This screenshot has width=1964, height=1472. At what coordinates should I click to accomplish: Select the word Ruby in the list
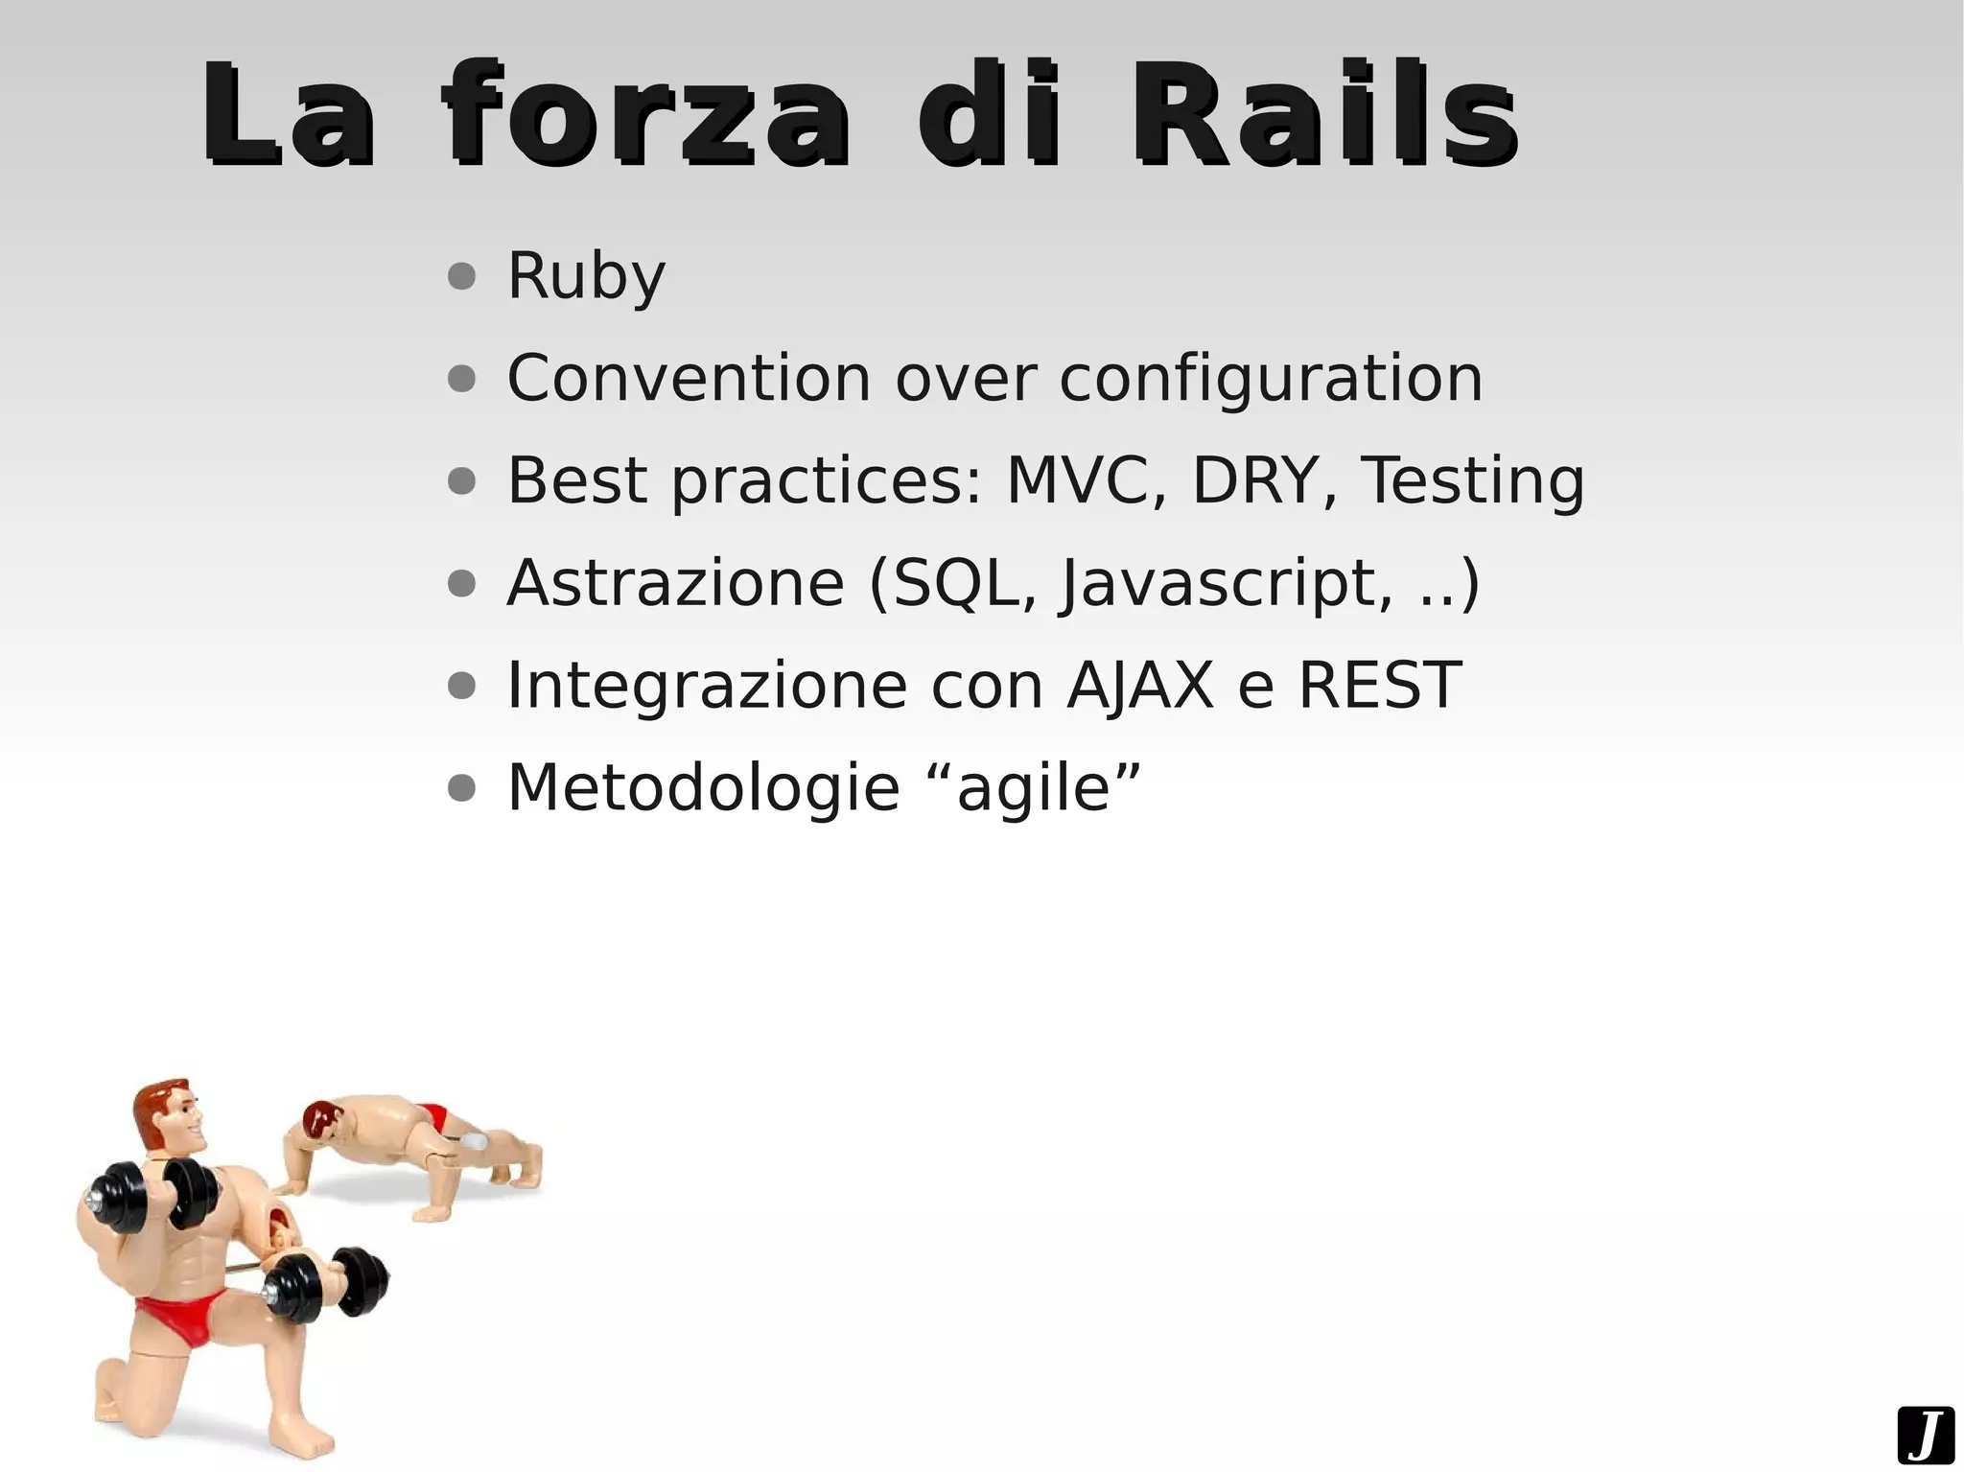tap(586, 276)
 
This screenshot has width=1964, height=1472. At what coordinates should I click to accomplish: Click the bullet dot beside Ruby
tap(461, 277)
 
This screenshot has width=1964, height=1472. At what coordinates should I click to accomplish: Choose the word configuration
tap(1271, 380)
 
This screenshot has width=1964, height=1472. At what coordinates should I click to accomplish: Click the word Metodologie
tap(703, 788)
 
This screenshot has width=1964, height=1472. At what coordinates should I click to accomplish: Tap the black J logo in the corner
tap(1925, 1436)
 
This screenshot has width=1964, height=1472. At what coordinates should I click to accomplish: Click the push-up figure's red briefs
tap(433, 1116)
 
